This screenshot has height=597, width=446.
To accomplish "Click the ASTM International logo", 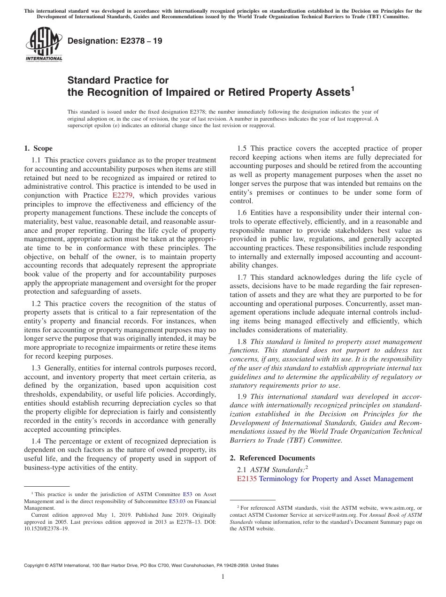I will coord(43,45).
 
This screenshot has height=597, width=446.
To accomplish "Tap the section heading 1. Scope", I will coord(38,148).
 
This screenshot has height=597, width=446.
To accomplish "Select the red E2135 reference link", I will coord(247,479).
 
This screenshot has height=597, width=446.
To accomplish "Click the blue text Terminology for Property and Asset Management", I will coord(336,479).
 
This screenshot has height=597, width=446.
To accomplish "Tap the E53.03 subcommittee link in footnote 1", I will coord(177,501).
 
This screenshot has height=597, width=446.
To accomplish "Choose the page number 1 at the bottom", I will coord(223,577).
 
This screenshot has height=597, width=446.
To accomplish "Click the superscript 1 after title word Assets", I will coord(353,88).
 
